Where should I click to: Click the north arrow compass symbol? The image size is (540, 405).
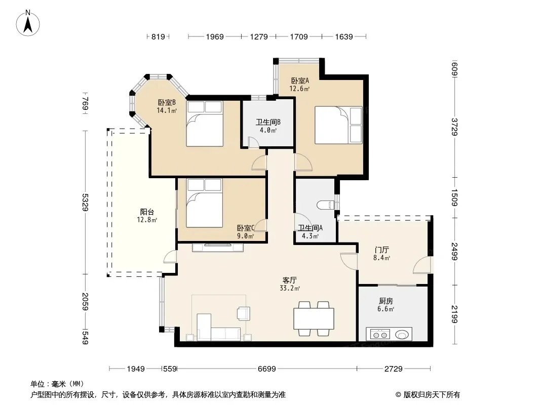[x=28, y=23]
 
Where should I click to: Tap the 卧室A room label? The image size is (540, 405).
[x=300, y=81]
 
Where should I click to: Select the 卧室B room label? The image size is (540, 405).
[x=167, y=103]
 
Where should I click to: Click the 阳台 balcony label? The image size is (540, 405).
[x=147, y=212]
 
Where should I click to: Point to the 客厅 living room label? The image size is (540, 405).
[x=290, y=280]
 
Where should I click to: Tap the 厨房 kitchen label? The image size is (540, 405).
[x=385, y=301]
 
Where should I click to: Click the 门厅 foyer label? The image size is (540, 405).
[x=381, y=250]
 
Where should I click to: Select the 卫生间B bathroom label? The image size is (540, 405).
[x=268, y=122]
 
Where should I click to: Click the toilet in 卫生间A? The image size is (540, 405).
[x=326, y=205]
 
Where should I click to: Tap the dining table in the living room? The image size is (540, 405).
[x=314, y=318]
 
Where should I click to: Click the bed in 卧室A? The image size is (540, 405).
[x=338, y=125]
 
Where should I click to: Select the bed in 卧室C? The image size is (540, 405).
[x=204, y=203]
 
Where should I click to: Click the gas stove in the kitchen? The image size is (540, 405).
[x=380, y=334]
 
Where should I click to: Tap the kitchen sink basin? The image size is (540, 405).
[x=402, y=334]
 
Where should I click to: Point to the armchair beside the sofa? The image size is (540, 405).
[x=244, y=313]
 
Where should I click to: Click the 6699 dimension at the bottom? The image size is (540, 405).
[x=267, y=369]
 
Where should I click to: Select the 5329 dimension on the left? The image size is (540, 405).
[x=85, y=202]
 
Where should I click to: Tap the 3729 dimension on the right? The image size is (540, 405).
[x=454, y=127]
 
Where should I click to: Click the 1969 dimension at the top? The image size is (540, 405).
[x=215, y=36]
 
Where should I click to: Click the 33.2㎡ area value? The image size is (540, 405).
[x=290, y=289]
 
